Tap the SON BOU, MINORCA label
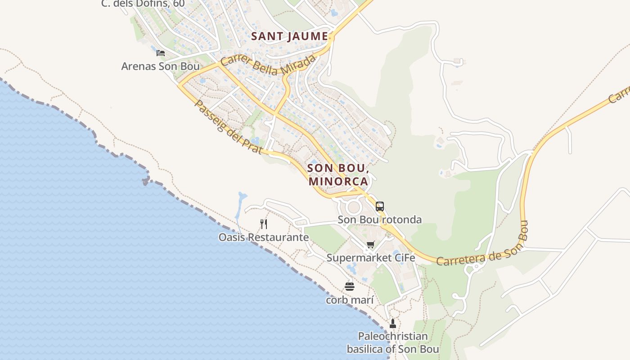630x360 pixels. pos(338,175)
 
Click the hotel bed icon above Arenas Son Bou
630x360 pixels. pos(160,53)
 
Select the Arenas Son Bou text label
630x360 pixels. pos(160,66)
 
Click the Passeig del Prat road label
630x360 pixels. pos(228,126)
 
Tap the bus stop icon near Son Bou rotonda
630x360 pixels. pos(380,207)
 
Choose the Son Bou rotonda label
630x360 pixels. pos(380,220)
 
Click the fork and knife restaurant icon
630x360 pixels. pos(264,224)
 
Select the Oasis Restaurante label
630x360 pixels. pos(264,237)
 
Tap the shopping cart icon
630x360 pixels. pos(370,245)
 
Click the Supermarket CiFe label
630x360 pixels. pos(370,258)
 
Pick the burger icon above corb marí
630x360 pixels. pos(350,286)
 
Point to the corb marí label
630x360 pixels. pos(350,299)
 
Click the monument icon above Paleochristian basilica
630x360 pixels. pos(392,323)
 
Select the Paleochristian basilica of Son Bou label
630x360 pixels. pos(392,342)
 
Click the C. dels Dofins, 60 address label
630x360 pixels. pos(143,4)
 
